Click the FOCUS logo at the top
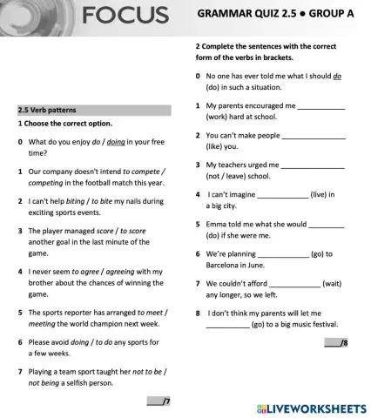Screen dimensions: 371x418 [125, 15]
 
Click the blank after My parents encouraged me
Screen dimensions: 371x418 [321, 105]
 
